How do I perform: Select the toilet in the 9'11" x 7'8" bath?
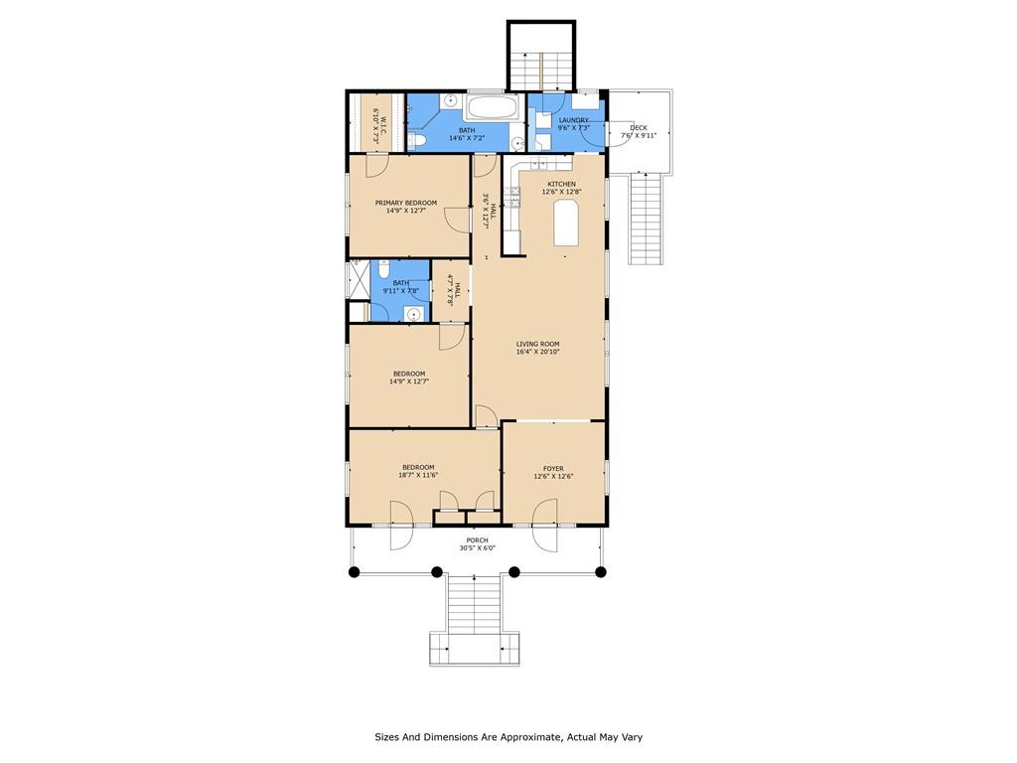pos(383,269)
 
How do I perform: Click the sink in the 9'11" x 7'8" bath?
pos(412,313)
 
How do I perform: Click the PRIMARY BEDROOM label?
pos(405,203)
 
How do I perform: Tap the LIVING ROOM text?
pos(537,344)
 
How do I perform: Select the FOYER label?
pos(553,468)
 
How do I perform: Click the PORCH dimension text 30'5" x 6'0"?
pos(477,548)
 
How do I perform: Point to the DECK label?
pos(639,127)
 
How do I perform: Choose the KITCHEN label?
pos(561,184)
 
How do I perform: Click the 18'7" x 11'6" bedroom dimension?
pos(418,475)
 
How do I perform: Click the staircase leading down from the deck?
pos(647,218)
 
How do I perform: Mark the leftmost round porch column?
pos(353,571)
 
